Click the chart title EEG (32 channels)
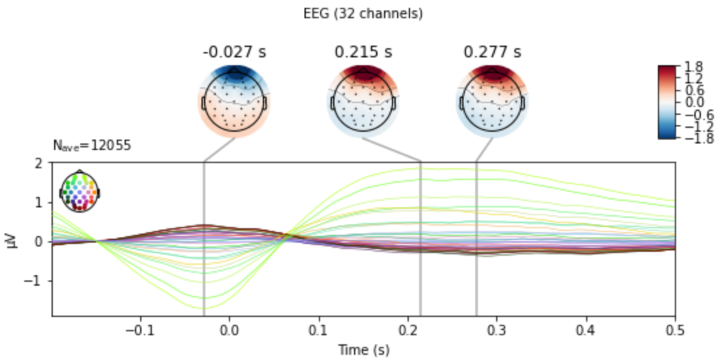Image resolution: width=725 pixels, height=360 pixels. tap(363, 14)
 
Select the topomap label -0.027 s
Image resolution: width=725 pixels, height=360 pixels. tap(234, 52)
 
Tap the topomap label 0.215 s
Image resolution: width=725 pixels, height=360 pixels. tap(363, 52)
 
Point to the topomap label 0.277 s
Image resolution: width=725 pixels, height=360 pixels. tap(492, 52)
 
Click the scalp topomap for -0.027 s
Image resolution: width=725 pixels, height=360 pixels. tap(234, 101)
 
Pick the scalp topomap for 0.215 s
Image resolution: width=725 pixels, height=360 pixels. tap(363, 101)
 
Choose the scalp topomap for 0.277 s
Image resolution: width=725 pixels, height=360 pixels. tap(492, 101)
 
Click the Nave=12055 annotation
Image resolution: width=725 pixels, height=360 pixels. tap(92, 146)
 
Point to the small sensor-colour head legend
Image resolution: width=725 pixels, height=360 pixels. tap(79, 191)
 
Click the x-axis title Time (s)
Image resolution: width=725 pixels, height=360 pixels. tap(363, 350)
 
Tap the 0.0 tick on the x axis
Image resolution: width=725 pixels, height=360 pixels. tap(229, 330)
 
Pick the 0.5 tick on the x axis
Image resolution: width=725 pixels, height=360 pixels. tap(675, 330)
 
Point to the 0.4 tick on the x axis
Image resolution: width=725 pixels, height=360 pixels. tap(585, 330)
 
